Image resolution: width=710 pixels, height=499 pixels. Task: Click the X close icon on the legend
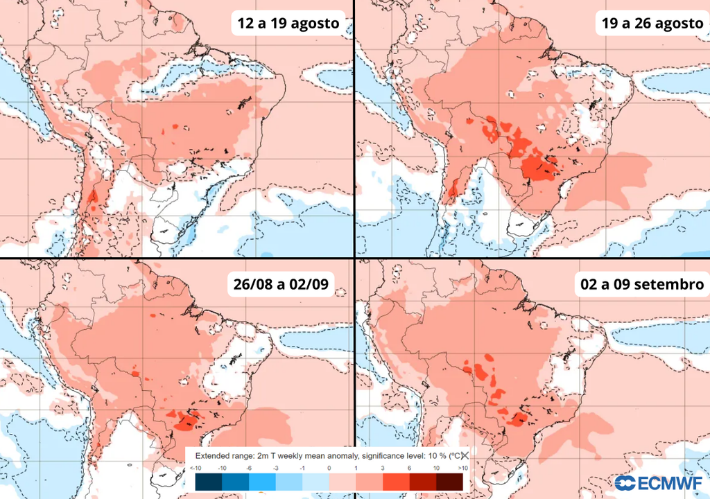pos(465,455)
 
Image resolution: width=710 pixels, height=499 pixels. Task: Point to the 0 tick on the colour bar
pos(329,469)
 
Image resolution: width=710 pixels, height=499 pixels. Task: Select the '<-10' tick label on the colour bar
pos(195,469)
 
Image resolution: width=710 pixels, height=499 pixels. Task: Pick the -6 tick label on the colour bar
pos(250,469)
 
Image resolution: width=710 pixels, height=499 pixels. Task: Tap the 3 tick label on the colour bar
pos(382,469)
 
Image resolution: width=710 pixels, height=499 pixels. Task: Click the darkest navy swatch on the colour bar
pos(209,482)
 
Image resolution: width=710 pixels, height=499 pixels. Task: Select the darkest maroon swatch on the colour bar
pos(449,482)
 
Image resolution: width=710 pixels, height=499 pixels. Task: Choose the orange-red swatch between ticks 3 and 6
pos(395,482)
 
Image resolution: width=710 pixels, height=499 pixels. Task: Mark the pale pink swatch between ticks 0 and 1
pos(342,482)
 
